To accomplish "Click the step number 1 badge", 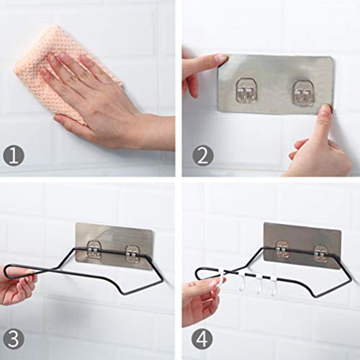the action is (x=14, y=156).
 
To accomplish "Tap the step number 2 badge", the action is (x=203, y=156).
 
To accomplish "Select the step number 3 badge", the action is (x=14, y=340).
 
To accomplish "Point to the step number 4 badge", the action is (x=202, y=338).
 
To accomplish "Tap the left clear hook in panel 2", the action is (x=246, y=89).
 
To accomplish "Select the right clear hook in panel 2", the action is (x=303, y=92).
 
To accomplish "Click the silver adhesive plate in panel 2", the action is (x=276, y=84).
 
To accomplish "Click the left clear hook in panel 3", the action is (x=95, y=251).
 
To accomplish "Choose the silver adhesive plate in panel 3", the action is (x=114, y=246).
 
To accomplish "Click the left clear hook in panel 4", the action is (x=282, y=250).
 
